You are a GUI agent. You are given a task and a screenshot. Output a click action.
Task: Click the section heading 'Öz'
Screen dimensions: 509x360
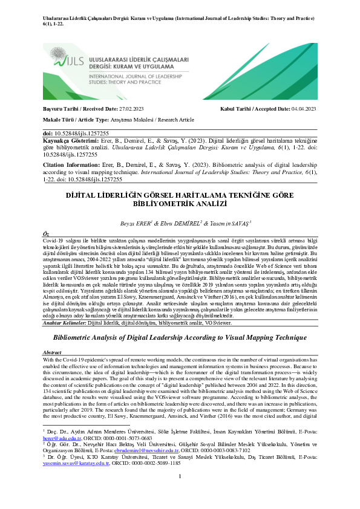(45, 233)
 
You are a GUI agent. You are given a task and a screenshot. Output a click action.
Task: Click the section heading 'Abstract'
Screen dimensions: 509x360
(51, 351)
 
